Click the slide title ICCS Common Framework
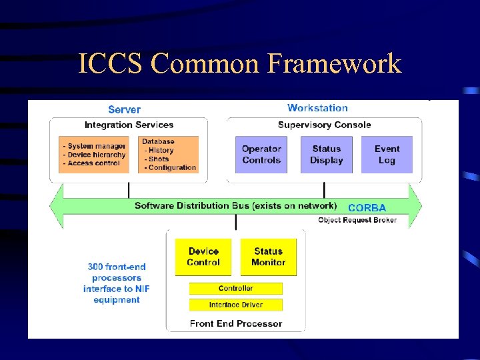click(239, 64)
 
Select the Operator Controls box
click(261, 155)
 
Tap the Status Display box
click(327, 155)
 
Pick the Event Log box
click(387, 155)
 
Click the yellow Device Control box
click(203, 257)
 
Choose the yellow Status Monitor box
click(268, 257)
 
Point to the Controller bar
click(236, 289)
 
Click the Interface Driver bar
click(236, 305)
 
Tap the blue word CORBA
click(367, 208)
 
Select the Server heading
click(125, 109)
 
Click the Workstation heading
click(317, 108)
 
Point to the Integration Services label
click(129, 125)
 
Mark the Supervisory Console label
click(324, 125)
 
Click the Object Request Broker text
click(357, 220)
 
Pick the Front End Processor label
click(236, 323)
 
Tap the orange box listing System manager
click(94, 155)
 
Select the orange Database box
click(169, 155)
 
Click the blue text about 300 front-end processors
click(117, 283)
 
